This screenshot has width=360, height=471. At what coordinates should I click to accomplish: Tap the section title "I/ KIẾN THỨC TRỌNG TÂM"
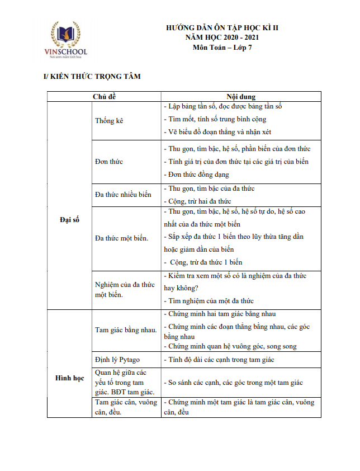(x=92, y=76)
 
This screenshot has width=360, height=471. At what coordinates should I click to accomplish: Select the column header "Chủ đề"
(x=105, y=97)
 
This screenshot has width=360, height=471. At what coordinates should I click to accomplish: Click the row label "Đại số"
(x=70, y=220)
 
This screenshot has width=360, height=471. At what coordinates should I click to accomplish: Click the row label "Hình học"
(x=70, y=378)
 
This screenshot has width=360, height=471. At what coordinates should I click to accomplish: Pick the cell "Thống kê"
(x=109, y=121)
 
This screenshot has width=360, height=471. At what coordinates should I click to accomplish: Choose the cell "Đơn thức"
(x=109, y=162)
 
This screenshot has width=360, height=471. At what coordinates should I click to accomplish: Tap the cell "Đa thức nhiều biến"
(x=124, y=195)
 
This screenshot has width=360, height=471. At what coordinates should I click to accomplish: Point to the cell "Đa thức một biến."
(x=122, y=238)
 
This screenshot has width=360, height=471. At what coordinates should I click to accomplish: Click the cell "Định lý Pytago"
(x=118, y=360)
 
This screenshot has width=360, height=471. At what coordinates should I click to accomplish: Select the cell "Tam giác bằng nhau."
(x=126, y=329)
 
